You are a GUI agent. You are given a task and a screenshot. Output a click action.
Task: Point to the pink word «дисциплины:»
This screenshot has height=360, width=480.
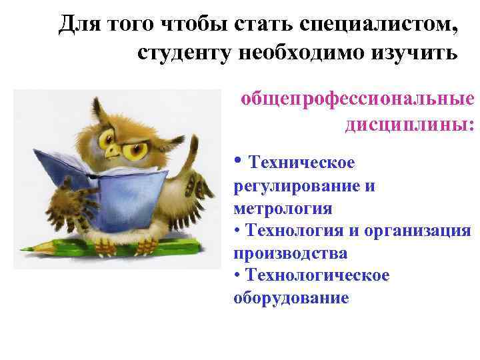(409, 124)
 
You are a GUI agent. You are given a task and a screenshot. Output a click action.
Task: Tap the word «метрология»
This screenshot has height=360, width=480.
(283, 209)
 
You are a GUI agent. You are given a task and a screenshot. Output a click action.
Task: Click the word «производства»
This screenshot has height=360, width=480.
(291, 253)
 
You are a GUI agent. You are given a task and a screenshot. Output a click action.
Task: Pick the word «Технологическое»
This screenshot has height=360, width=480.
(317, 275)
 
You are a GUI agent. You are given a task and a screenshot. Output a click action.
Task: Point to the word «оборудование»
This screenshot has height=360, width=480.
(291, 298)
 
